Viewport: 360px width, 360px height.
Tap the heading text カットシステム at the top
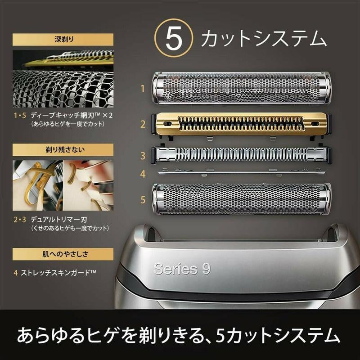coord(263,40)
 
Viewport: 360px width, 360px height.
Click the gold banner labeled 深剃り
coord(63,40)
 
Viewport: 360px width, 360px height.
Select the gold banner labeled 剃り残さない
coord(63,149)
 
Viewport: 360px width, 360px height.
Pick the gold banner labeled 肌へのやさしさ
coord(63,254)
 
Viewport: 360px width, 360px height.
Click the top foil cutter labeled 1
coord(242,89)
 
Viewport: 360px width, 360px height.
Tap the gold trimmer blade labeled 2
coord(242,123)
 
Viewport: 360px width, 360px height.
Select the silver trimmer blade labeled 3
coord(242,155)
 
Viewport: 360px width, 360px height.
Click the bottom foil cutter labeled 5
coord(242,199)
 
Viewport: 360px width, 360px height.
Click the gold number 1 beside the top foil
coord(143,89)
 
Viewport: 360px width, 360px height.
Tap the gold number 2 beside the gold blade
coord(143,124)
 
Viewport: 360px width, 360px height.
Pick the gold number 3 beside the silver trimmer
coord(143,156)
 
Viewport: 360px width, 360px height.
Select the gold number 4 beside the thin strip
coord(143,173)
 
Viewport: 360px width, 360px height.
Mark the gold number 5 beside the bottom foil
coord(143,199)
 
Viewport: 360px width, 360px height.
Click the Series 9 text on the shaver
coord(182,269)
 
